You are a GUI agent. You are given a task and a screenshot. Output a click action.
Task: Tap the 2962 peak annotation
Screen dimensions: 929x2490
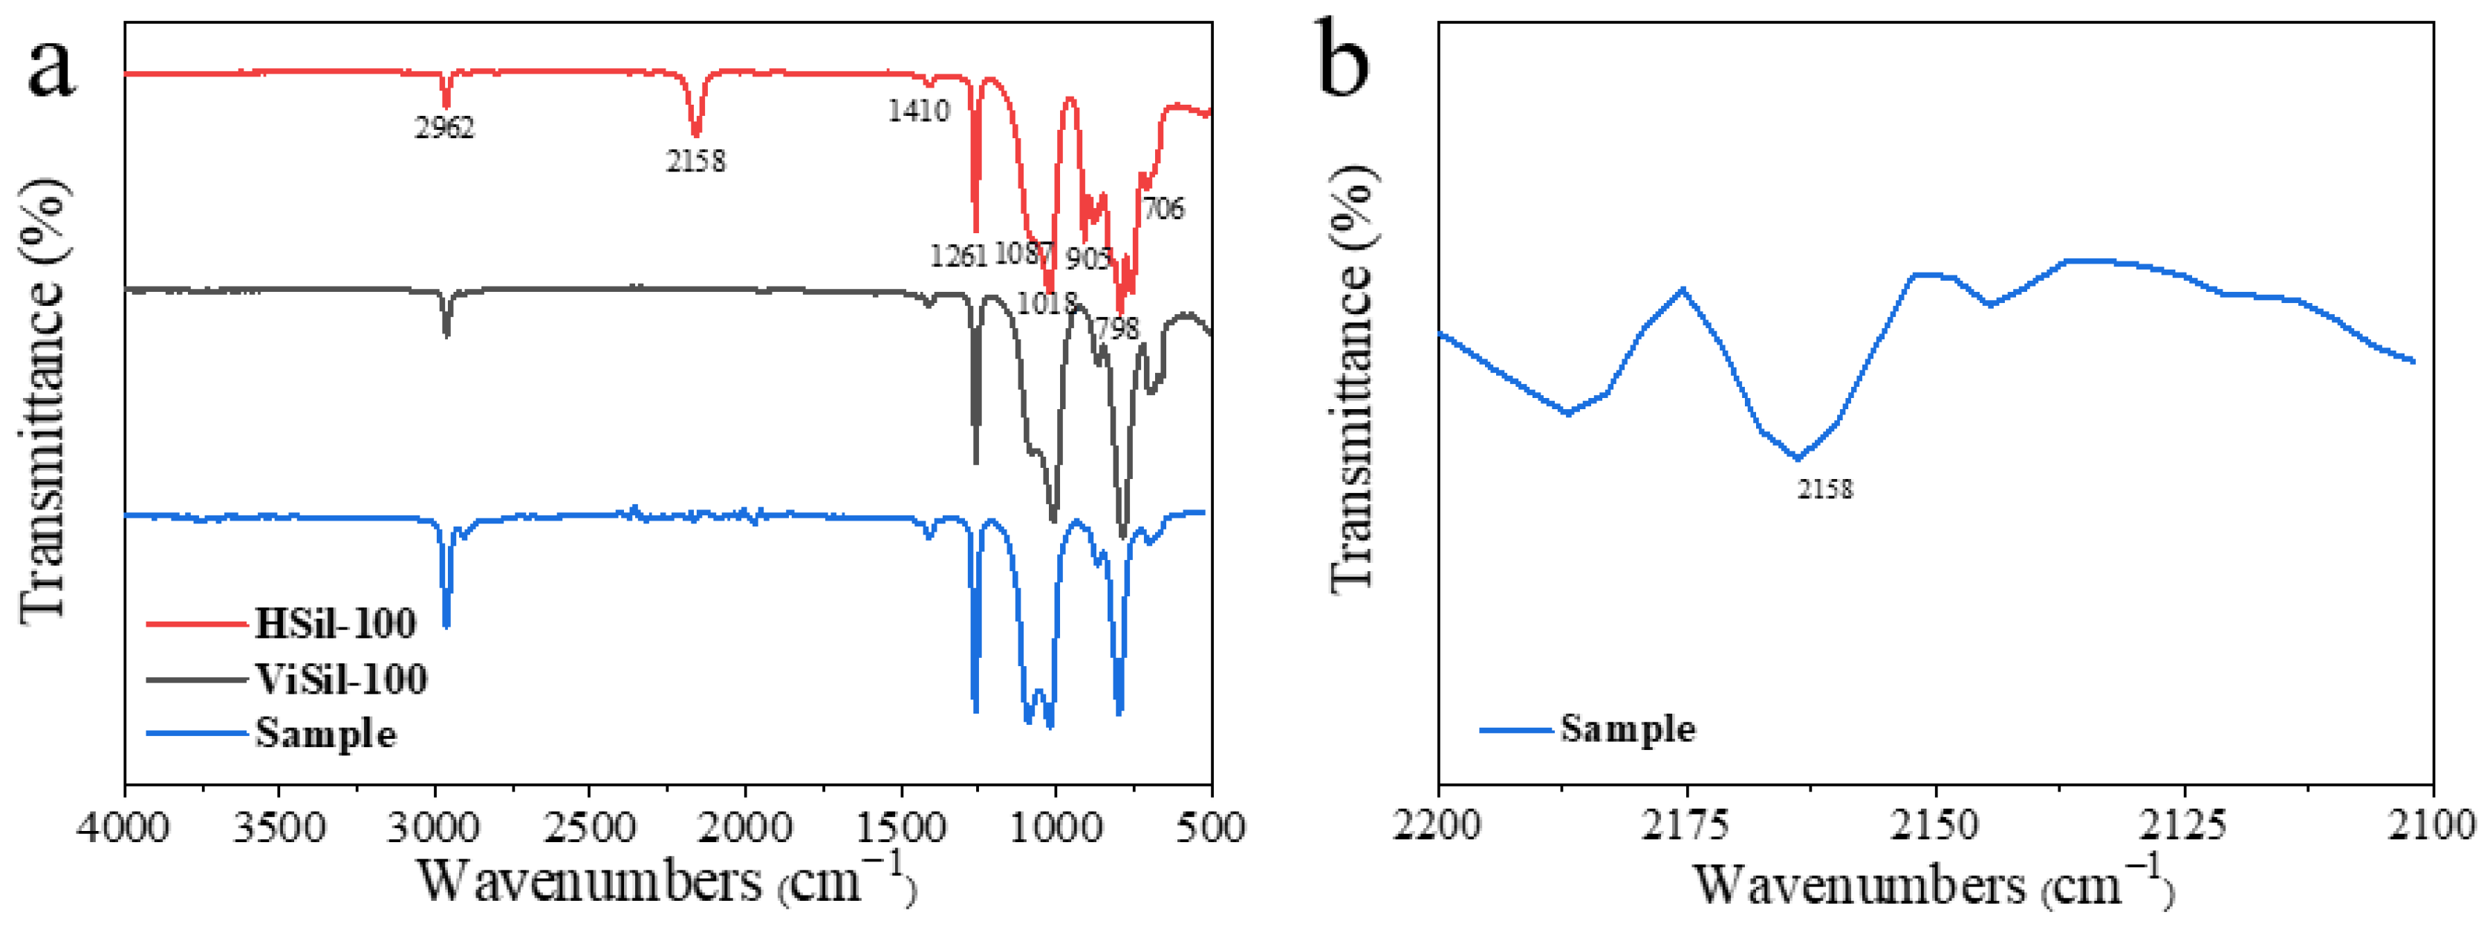[x=445, y=128]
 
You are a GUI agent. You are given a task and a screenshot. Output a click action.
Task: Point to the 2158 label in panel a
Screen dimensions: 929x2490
[x=695, y=160]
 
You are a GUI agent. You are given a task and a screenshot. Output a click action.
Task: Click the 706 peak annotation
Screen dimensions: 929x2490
[x=1163, y=209]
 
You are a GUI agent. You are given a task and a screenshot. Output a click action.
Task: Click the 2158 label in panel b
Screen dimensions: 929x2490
[x=1825, y=489]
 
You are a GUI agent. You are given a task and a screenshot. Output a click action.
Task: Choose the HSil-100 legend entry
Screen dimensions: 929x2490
[x=334, y=624]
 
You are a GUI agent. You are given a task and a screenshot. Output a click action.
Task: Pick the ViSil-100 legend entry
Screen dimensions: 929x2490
[x=340, y=679]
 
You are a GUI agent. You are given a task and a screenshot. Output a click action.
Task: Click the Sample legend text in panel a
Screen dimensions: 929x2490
[x=326, y=734]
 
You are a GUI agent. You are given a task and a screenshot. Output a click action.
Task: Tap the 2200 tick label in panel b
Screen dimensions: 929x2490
[x=1437, y=826]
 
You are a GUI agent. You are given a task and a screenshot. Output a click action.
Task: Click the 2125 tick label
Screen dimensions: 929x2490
[x=2182, y=826]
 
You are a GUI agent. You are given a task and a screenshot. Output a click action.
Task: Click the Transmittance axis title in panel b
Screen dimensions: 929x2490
[x=1352, y=377]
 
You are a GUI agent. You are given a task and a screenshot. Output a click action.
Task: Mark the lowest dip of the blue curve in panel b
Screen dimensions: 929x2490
[x=1798, y=458]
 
